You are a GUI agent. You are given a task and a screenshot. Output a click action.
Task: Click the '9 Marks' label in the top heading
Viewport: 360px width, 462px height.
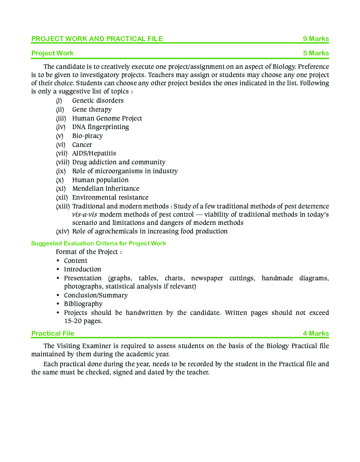coord(315,39)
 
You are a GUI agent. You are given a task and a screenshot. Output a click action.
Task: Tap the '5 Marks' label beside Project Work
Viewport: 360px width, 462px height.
coord(315,53)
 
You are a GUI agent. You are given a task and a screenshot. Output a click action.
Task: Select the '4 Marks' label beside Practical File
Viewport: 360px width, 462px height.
coord(315,333)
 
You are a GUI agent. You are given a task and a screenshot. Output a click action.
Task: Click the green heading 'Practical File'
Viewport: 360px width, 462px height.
coord(53,333)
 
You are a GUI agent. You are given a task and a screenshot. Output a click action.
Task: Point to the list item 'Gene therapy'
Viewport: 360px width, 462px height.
coord(92,110)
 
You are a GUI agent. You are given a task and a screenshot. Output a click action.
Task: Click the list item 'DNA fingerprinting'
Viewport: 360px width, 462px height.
coord(100,127)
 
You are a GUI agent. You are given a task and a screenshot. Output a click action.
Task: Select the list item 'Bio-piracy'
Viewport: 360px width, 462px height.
coord(87,136)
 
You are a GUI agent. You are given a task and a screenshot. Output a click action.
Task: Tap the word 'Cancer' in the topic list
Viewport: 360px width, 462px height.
coord(82,145)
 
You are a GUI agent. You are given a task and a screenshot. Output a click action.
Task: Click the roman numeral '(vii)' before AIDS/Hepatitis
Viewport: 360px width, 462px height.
coord(62,153)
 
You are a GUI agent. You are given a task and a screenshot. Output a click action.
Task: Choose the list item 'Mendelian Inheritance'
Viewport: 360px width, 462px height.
coord(105,189)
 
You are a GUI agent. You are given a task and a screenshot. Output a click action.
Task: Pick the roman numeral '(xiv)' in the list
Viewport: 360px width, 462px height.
coord(62,231)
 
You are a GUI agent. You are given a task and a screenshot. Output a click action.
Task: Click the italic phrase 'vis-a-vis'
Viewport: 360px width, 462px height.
coord(84,215)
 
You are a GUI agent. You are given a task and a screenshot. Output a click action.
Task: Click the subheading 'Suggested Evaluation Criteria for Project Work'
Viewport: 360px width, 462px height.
coord(98,243)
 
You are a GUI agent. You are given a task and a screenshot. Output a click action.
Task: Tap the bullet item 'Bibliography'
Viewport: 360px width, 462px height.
coord(83,304)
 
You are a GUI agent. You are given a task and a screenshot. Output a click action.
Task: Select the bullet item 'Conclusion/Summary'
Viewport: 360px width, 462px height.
coord(96,295)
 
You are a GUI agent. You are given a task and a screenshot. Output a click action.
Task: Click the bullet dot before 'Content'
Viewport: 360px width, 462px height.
coord(58,261)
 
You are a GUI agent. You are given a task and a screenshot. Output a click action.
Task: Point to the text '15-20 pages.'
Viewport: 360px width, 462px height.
coord(83,321)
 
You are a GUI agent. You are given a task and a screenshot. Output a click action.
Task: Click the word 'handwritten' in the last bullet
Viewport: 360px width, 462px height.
coord(144,313)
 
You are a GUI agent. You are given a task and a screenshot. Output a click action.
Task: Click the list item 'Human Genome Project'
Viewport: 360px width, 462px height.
coord(107,118)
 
